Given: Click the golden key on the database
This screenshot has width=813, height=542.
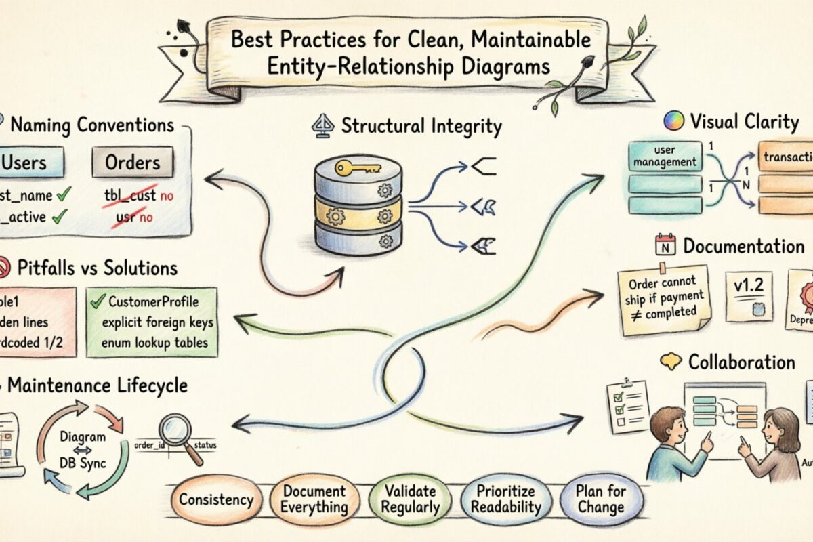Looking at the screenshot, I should pyautogui.click(x=357, y=167).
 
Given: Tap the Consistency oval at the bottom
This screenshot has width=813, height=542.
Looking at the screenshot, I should pyautogui.click(x=216, y=501).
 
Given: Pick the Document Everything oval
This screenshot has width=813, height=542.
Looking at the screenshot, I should pyautogui.click(x=314, y=499).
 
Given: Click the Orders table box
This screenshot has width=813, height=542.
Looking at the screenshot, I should pyautogui.click(x=132, y=163).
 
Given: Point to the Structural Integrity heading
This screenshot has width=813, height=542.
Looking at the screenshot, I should pyautogui.click(x=421, y=126).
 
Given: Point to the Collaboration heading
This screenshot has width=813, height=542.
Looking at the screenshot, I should pyautogui.click(x=741, y=362).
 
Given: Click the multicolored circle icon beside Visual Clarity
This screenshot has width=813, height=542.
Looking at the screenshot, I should pyautogui.click(x=673, y=122).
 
